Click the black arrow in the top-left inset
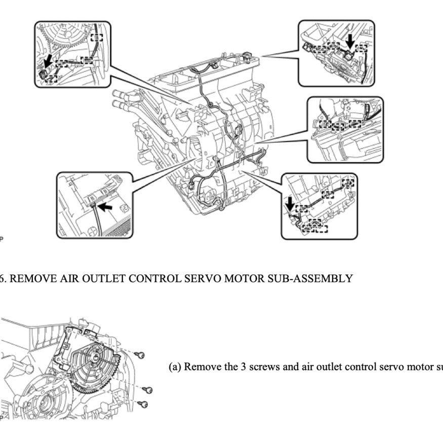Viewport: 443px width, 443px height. [x=48, y=62]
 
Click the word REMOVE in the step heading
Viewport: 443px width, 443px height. [x=29, y=279]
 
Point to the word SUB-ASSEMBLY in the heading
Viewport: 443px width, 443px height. [x=312, y=279]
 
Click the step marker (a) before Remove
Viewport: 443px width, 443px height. [x=175, y=367]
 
